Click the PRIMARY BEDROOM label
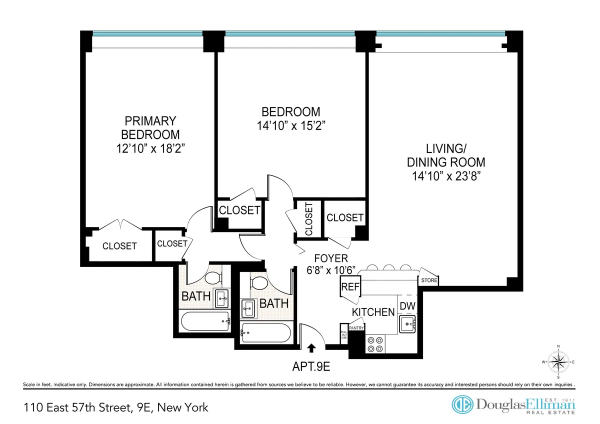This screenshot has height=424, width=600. (150, 127)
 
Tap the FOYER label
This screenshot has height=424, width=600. (330, 258)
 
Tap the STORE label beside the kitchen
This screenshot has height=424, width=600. (429, 280)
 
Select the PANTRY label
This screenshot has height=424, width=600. (356, 328)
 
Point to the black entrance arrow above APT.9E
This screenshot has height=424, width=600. (312, 347)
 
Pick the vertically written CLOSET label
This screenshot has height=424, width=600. (308, 219)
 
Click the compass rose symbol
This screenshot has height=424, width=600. (559, 361)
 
